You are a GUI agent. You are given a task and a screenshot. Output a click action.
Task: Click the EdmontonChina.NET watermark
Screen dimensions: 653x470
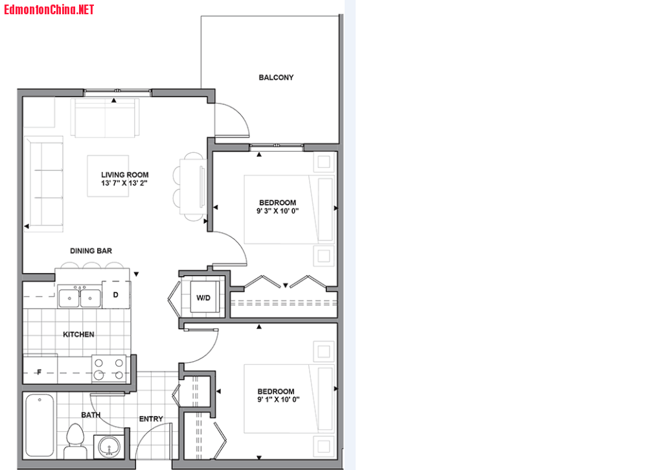[49, 9]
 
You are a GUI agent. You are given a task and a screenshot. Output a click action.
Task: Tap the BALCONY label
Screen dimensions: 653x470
[276, 78]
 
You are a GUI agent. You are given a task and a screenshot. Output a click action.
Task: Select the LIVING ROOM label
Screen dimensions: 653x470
[125, 175]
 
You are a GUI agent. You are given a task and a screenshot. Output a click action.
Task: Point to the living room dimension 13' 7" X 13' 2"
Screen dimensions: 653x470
[124, 183]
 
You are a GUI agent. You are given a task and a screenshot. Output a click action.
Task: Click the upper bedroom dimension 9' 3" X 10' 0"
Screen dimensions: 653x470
[277, 211]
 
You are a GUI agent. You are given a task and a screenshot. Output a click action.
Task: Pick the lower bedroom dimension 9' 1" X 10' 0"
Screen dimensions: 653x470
[278, 399]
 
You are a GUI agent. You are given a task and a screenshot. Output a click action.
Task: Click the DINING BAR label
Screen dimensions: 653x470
[91, 251]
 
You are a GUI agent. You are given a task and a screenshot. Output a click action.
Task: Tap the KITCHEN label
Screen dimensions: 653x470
[78, 335]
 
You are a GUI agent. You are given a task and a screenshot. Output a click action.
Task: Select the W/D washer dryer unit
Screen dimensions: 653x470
[203, 297]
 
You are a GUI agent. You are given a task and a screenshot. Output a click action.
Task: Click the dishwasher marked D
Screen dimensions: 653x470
[116, 294]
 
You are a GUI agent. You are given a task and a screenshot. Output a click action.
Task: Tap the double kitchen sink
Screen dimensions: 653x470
[80, 298]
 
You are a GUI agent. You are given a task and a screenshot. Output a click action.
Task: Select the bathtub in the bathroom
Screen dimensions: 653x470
[40, 425]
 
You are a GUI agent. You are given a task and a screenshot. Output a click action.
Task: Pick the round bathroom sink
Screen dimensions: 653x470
[109, 447]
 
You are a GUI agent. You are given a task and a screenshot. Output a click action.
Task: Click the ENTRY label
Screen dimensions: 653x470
[151, 419]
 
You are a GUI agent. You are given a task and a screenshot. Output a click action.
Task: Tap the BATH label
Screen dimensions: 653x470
[91, 415]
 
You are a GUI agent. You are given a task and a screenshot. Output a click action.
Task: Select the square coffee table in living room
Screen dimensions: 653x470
[108, 176]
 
